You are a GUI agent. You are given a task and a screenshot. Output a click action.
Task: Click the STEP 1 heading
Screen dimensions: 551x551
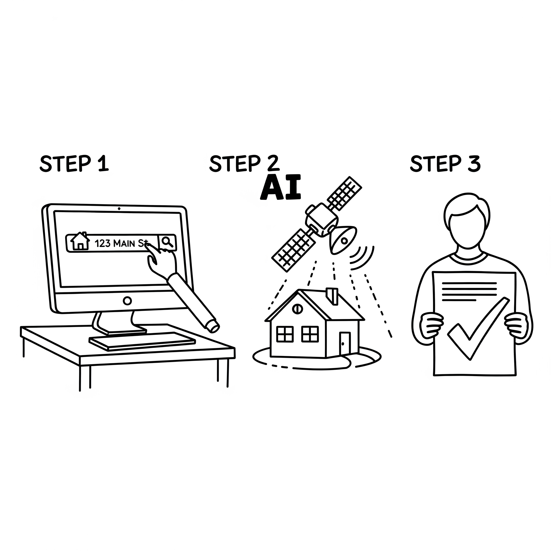click(74, 164)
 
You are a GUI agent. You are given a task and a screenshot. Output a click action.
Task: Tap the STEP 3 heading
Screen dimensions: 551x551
click(445, 164)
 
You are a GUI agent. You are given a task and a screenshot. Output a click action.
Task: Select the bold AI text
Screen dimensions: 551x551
click(281, 188)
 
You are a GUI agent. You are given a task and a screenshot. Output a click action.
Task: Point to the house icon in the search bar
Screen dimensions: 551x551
click(80, 241)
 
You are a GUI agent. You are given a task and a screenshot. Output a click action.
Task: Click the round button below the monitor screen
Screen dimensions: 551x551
click(127, 301)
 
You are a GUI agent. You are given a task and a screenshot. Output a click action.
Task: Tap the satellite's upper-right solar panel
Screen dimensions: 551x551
click(344, 193)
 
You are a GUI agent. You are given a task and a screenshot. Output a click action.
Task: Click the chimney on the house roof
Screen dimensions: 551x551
click(332, 296)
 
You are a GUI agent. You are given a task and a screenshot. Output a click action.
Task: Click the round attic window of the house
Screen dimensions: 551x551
click(297, 309)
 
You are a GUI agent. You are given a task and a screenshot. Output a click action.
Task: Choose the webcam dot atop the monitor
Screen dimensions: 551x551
click(119, 209)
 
